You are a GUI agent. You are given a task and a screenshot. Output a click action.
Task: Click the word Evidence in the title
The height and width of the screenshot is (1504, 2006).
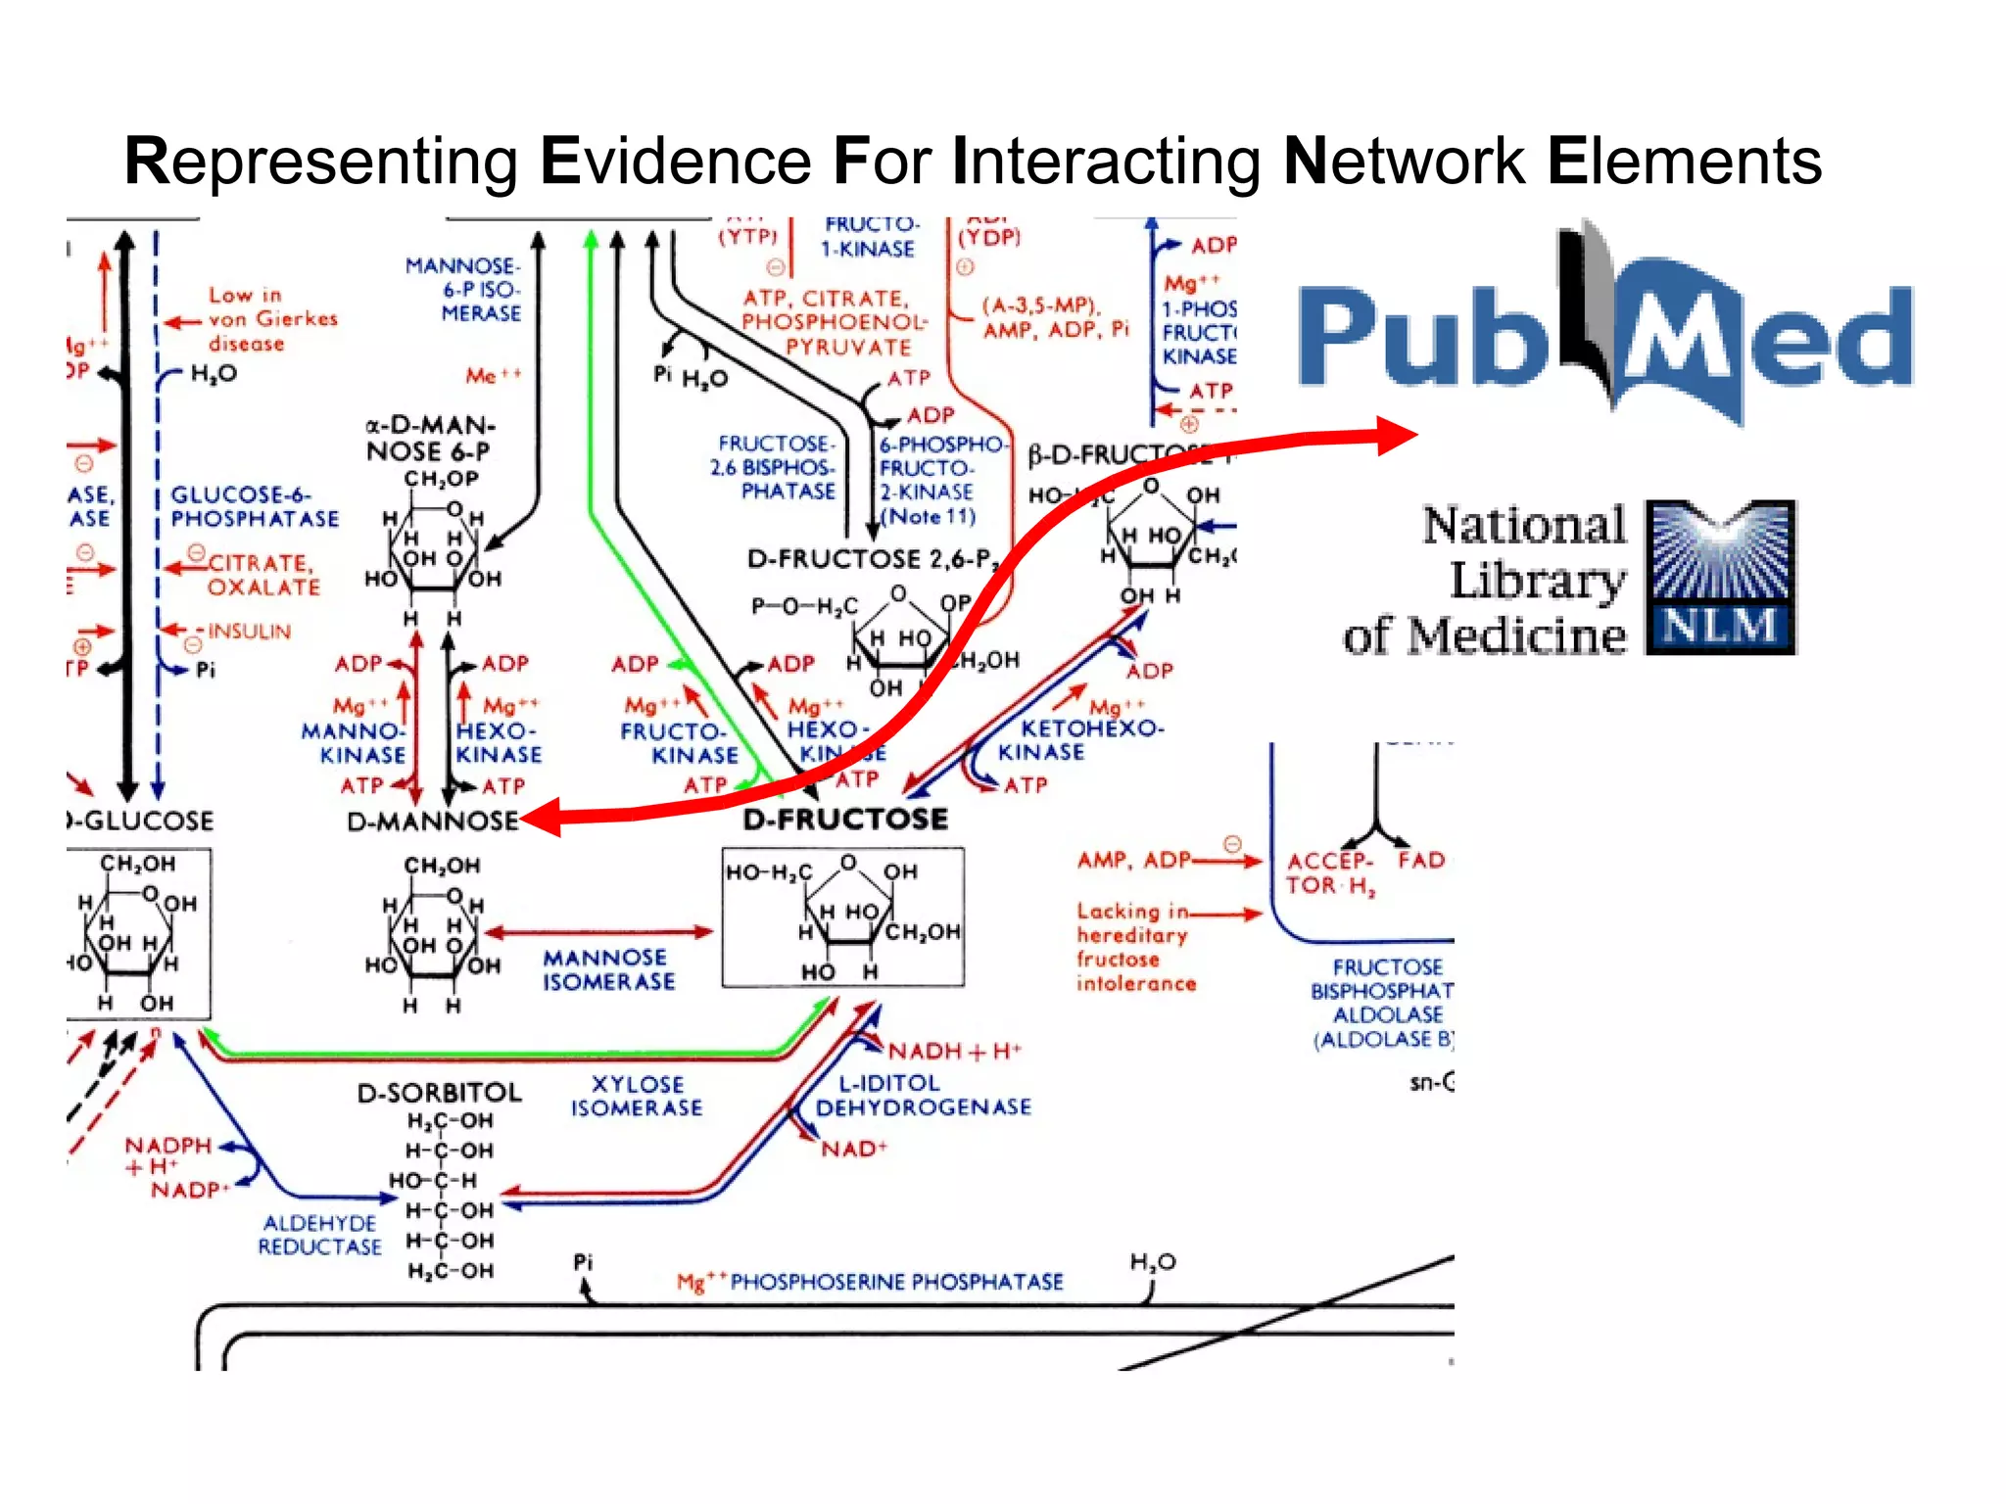tap(675, 162)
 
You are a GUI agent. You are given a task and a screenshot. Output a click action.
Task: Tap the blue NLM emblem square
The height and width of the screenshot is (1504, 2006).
tap(1720, 577)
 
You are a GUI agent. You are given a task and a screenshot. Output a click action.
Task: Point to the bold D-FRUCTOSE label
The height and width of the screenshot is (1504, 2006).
tap(845, 819)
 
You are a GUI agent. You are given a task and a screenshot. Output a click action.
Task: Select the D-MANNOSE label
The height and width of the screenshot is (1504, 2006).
tap(432, 821)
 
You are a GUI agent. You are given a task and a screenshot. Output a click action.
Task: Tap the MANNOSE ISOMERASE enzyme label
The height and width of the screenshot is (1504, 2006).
tap(608, 969)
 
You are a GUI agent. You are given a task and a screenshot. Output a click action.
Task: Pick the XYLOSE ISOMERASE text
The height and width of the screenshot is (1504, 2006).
tap(637, 1096)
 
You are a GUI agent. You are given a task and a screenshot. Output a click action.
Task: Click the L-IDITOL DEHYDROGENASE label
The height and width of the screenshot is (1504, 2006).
tap(922, 1095)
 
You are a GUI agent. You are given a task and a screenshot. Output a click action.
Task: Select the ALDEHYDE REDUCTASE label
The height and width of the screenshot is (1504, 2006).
tap(319, 1235)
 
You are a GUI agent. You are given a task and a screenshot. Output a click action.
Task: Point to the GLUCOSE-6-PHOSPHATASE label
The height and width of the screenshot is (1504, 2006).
tap(255, 506)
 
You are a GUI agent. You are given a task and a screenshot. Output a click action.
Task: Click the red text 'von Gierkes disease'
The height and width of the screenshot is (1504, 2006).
tap(259, 319)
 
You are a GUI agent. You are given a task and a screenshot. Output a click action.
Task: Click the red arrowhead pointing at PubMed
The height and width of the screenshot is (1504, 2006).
tap(1395, 435)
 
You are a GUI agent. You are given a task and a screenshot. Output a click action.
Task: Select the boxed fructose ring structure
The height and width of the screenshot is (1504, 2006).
tap(842, 917)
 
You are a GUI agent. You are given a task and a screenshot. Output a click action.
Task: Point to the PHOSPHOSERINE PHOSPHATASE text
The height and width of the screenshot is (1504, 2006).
tap(895, 1282)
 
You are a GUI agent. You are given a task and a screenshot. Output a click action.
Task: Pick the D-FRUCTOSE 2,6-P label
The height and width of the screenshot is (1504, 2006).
tap(870, 559)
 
